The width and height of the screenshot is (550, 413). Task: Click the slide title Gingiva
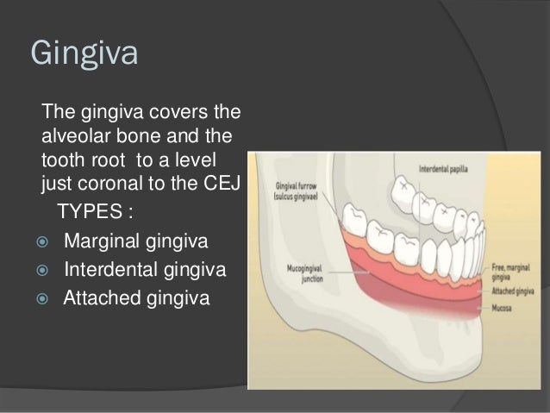(84, 53)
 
